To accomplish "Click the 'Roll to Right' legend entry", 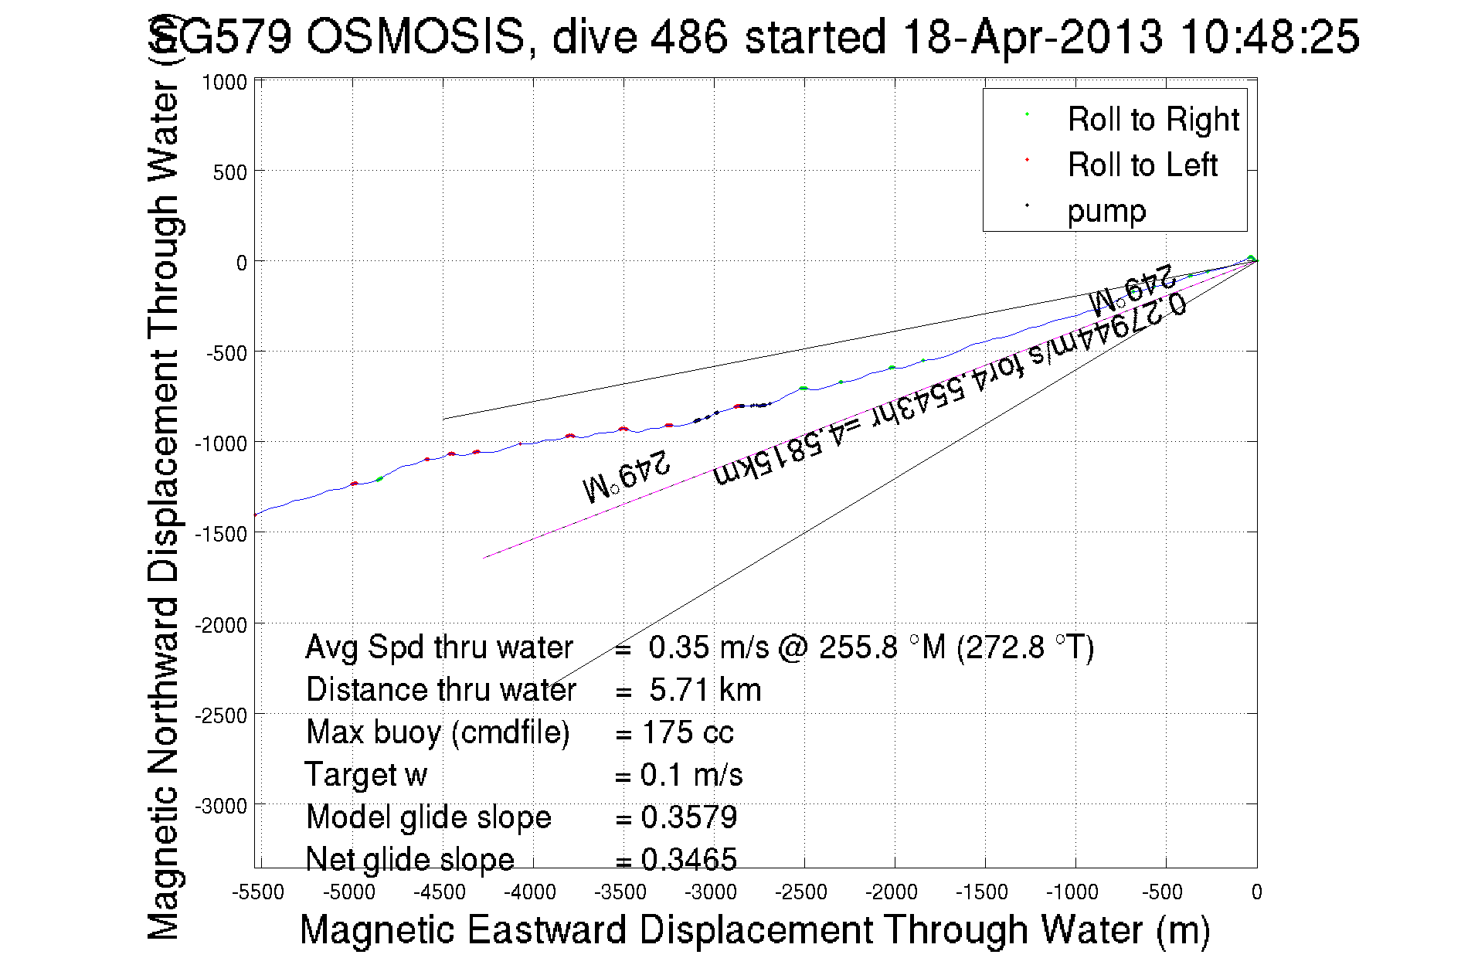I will pyautogui.click(x=1152, y=120).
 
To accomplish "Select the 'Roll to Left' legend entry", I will pyautogui.click(x=1142, y=165).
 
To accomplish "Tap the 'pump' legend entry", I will pyautogui.click(x=1106, y=211).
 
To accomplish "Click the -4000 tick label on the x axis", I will pyautogui.click(x=530, y=892).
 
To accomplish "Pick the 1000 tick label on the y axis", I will pyautogui.click(x=224, y=83).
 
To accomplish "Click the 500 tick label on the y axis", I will pyautogui.click(x=229, y=172).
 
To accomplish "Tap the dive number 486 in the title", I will pyautogui.click(x=689, y=36).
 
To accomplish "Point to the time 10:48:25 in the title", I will pyautogui.click(x=1269, y=36).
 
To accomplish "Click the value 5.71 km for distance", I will pyautogui.click(x=705, y=690).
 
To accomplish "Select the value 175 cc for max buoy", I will pyautogui.click(x=688, y=732).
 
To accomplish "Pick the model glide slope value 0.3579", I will pyautogui.click(x=689, y=817).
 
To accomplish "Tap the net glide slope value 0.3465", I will pyautogui.click(x=689, y=859).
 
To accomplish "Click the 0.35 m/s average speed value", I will pyautogui.click(x=708, y=647).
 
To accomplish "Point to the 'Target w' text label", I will pyautogui.click(x=365, y=775).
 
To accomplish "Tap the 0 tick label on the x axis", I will pyautogui.click(x=1256, y=892).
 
